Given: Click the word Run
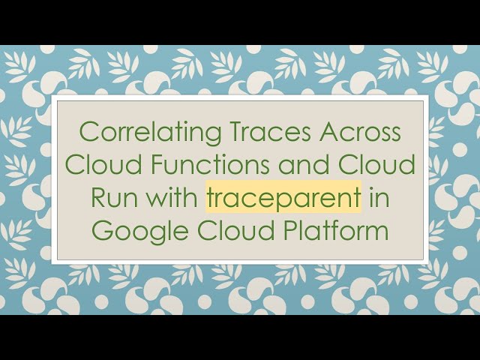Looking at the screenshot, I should pos(110,197).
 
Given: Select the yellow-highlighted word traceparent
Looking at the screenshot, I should pos(283,197).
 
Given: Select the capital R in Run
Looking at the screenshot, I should pos(98,197).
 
